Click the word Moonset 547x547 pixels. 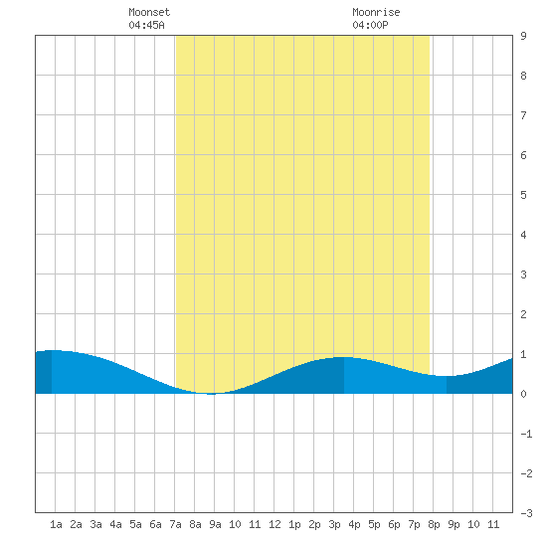pyautogui.click(x=149, y=12)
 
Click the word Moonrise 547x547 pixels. pyautogui.click(x=376, y=12)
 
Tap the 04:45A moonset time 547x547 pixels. pyautogui.click(x=146, y=25)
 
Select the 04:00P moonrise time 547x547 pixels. pyautogui.click(x=370, y=25)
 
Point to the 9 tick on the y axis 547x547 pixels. pyautogui.click(x=523, y=36)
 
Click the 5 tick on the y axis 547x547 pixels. pyautogui.click(x=523, y=195)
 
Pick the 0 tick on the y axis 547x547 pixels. pyautogui.click(x=523, y=394)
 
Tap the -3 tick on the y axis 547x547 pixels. pyautogui.click(x=526, y=513)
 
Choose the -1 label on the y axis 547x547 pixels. pyautogui.click(x=526, y=434)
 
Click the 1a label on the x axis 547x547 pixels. pyautogui.click(x=56, y=524)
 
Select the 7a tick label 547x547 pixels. pyautogui.click(x=175, y=524)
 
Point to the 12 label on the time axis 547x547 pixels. pyautogui.click(x=274, y=524)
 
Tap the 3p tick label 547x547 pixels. pyautogui.click(x=334, y=524)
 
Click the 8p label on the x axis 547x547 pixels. pyautogui.click(x=434, y=524)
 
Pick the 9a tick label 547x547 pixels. pyautogui.click(x=215, y=524)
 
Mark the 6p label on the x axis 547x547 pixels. pyautogui.click(x=394, y=524)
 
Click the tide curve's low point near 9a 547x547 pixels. pyautogui.click(x=211, y=394)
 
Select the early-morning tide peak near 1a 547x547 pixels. pyautogui.click(x=53, y=350)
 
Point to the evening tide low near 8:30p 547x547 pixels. pyautogui.click(x=446, y=376)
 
